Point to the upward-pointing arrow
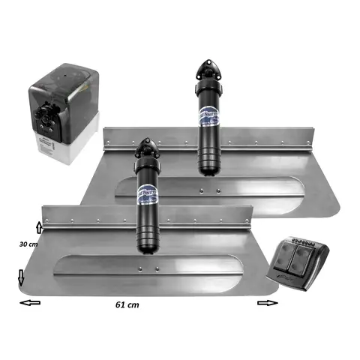[x=39, y=226]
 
